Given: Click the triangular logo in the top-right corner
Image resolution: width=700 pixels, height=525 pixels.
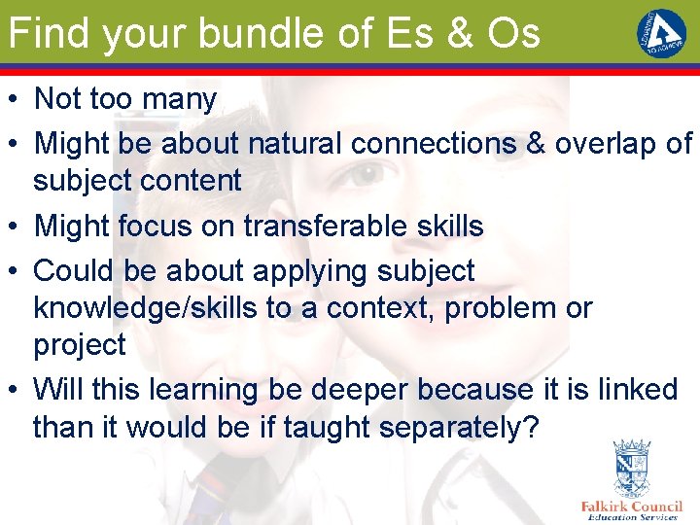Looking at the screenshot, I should coord(661,31).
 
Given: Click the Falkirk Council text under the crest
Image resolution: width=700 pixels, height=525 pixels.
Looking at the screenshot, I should coord(631,507).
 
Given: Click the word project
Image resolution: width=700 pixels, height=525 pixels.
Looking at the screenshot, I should coord(80,345).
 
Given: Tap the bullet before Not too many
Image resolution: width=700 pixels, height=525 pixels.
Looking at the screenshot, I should coord(15,99).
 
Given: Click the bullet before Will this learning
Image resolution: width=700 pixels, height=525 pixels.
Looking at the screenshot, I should coord(15,391).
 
